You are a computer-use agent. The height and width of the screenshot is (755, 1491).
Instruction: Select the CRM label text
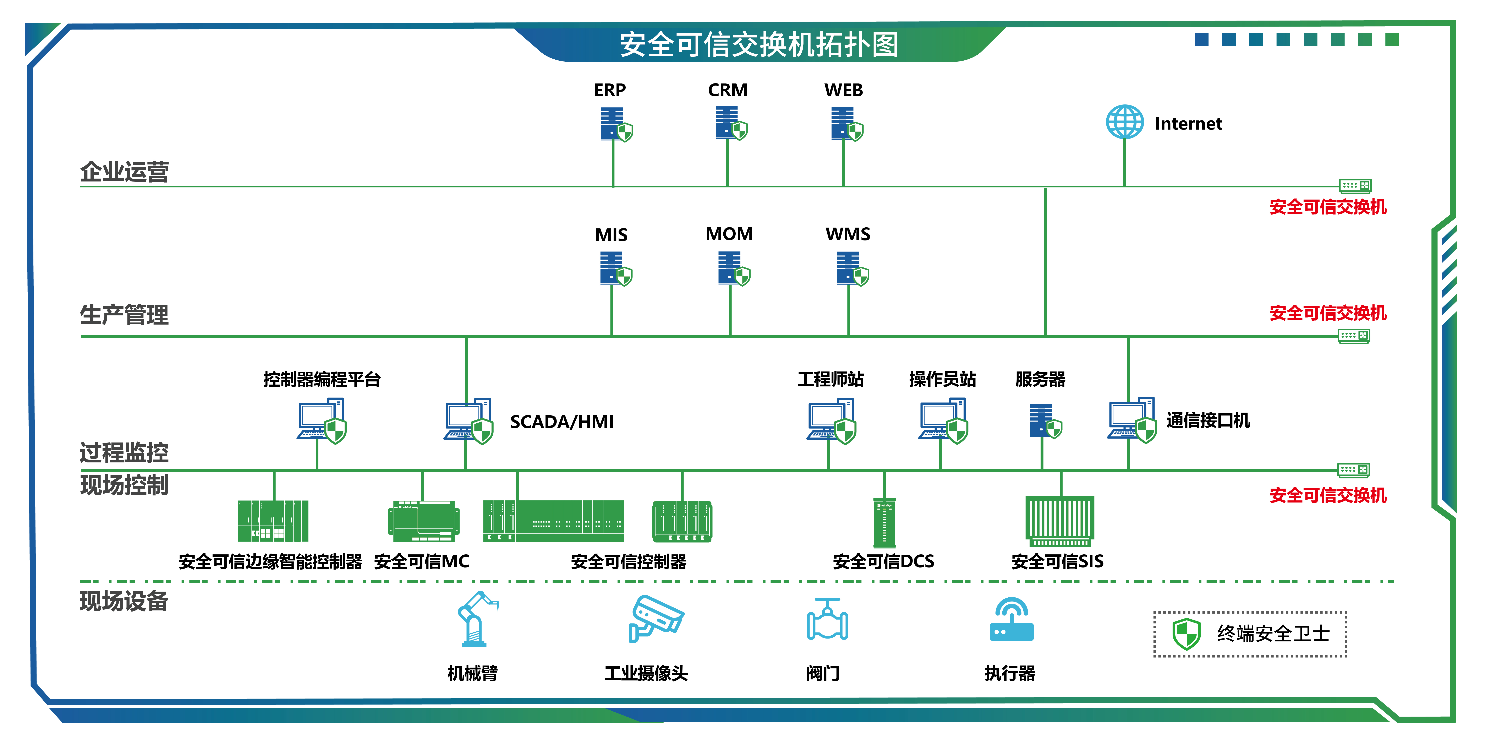728,90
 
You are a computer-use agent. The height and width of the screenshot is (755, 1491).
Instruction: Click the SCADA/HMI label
561,422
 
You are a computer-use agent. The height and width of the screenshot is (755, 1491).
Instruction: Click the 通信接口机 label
1208,420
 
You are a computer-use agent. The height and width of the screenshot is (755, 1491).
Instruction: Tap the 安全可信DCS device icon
884,522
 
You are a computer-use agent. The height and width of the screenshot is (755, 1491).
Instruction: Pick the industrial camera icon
656,618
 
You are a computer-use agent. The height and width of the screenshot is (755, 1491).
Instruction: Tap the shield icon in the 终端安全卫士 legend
1186,633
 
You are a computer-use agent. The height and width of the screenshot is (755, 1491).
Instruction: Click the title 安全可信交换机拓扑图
759,45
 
